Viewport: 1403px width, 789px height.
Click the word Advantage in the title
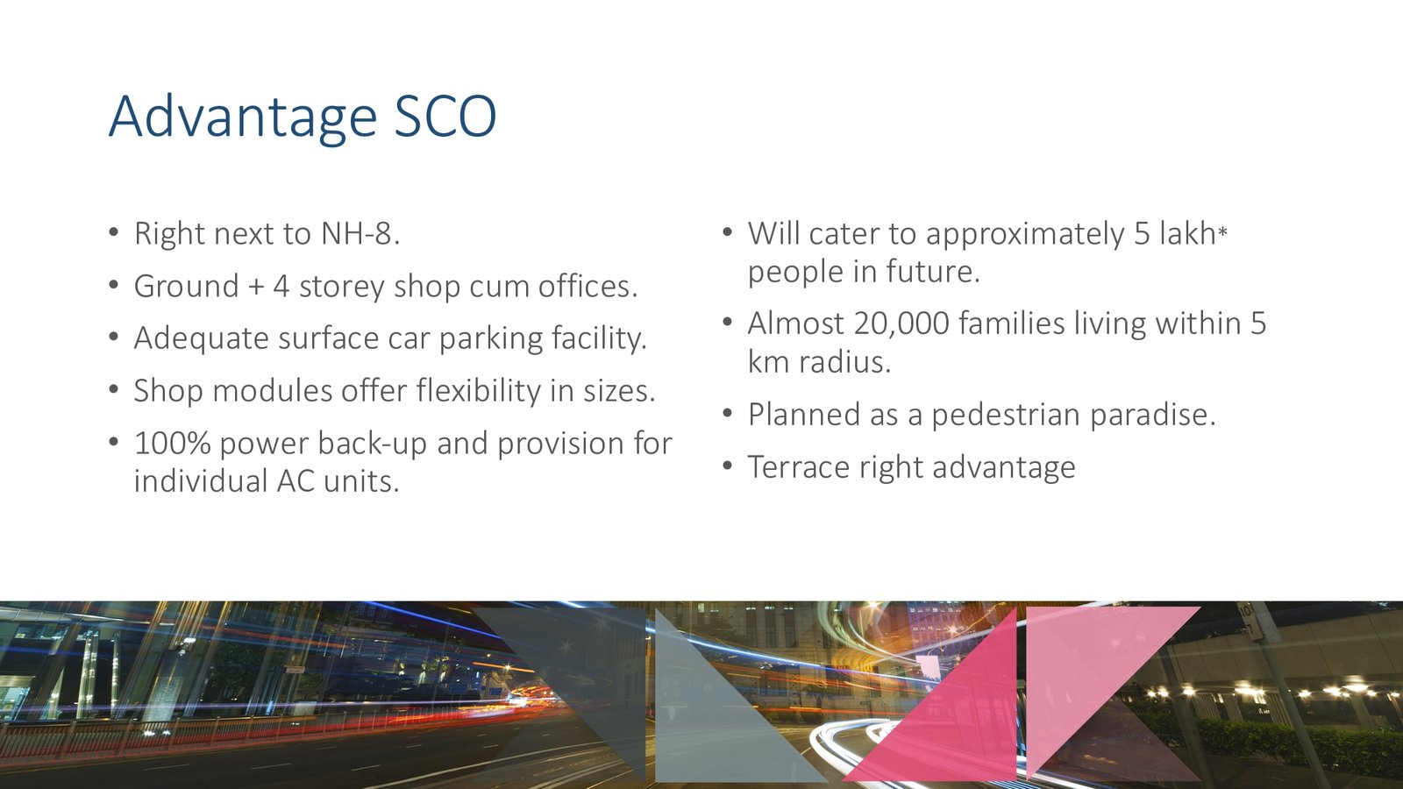pyautogui.click(x=243, y=118)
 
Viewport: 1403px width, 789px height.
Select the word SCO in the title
pyautogui.click(x=445, y=117)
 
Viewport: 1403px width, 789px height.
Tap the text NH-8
pyautogui.click(x=360, y=233)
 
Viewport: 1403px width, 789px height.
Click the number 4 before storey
pyautogui.click(x=281, y=286)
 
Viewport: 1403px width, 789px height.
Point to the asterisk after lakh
pyautogui.click(x=1222, y=232)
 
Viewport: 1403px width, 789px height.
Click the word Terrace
pyautogui.click(x=798, y=467)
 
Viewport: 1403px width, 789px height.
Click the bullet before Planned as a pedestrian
pyautogui.click(x=727, y=414)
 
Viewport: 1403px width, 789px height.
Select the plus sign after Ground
pyautogui.click(x=255, y=288)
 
